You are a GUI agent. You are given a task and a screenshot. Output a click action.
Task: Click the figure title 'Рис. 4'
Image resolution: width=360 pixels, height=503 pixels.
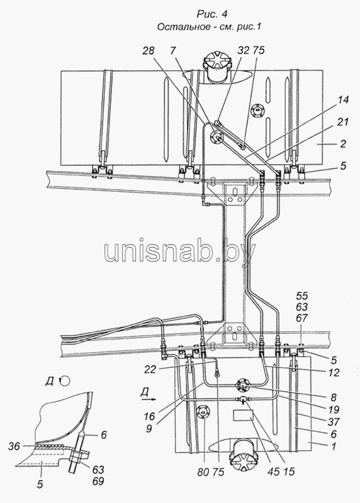pos(208,14)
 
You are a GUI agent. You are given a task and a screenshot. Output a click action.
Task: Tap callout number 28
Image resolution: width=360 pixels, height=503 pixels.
pos(148,50)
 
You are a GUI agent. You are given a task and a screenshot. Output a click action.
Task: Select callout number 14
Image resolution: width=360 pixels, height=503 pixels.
pos(342,100)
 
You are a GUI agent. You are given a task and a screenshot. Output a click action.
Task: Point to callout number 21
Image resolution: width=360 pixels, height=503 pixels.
pos(342,122)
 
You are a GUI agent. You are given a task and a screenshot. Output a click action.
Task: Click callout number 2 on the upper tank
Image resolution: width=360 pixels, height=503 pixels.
pos(343,144)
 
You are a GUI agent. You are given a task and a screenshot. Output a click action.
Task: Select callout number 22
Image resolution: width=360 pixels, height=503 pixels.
pos(150,370)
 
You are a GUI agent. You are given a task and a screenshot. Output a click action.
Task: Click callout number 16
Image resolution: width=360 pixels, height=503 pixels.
pos(150,416)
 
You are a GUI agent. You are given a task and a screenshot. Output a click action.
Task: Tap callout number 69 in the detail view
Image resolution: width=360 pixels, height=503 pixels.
pos(98,481)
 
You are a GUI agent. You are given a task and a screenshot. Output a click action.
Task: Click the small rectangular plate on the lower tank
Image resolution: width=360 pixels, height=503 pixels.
pos(243,416)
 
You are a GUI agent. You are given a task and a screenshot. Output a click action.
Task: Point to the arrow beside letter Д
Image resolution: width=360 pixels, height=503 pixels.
pos(148,399)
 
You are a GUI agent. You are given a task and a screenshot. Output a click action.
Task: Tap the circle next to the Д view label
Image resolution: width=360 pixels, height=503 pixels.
pos(65,381)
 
